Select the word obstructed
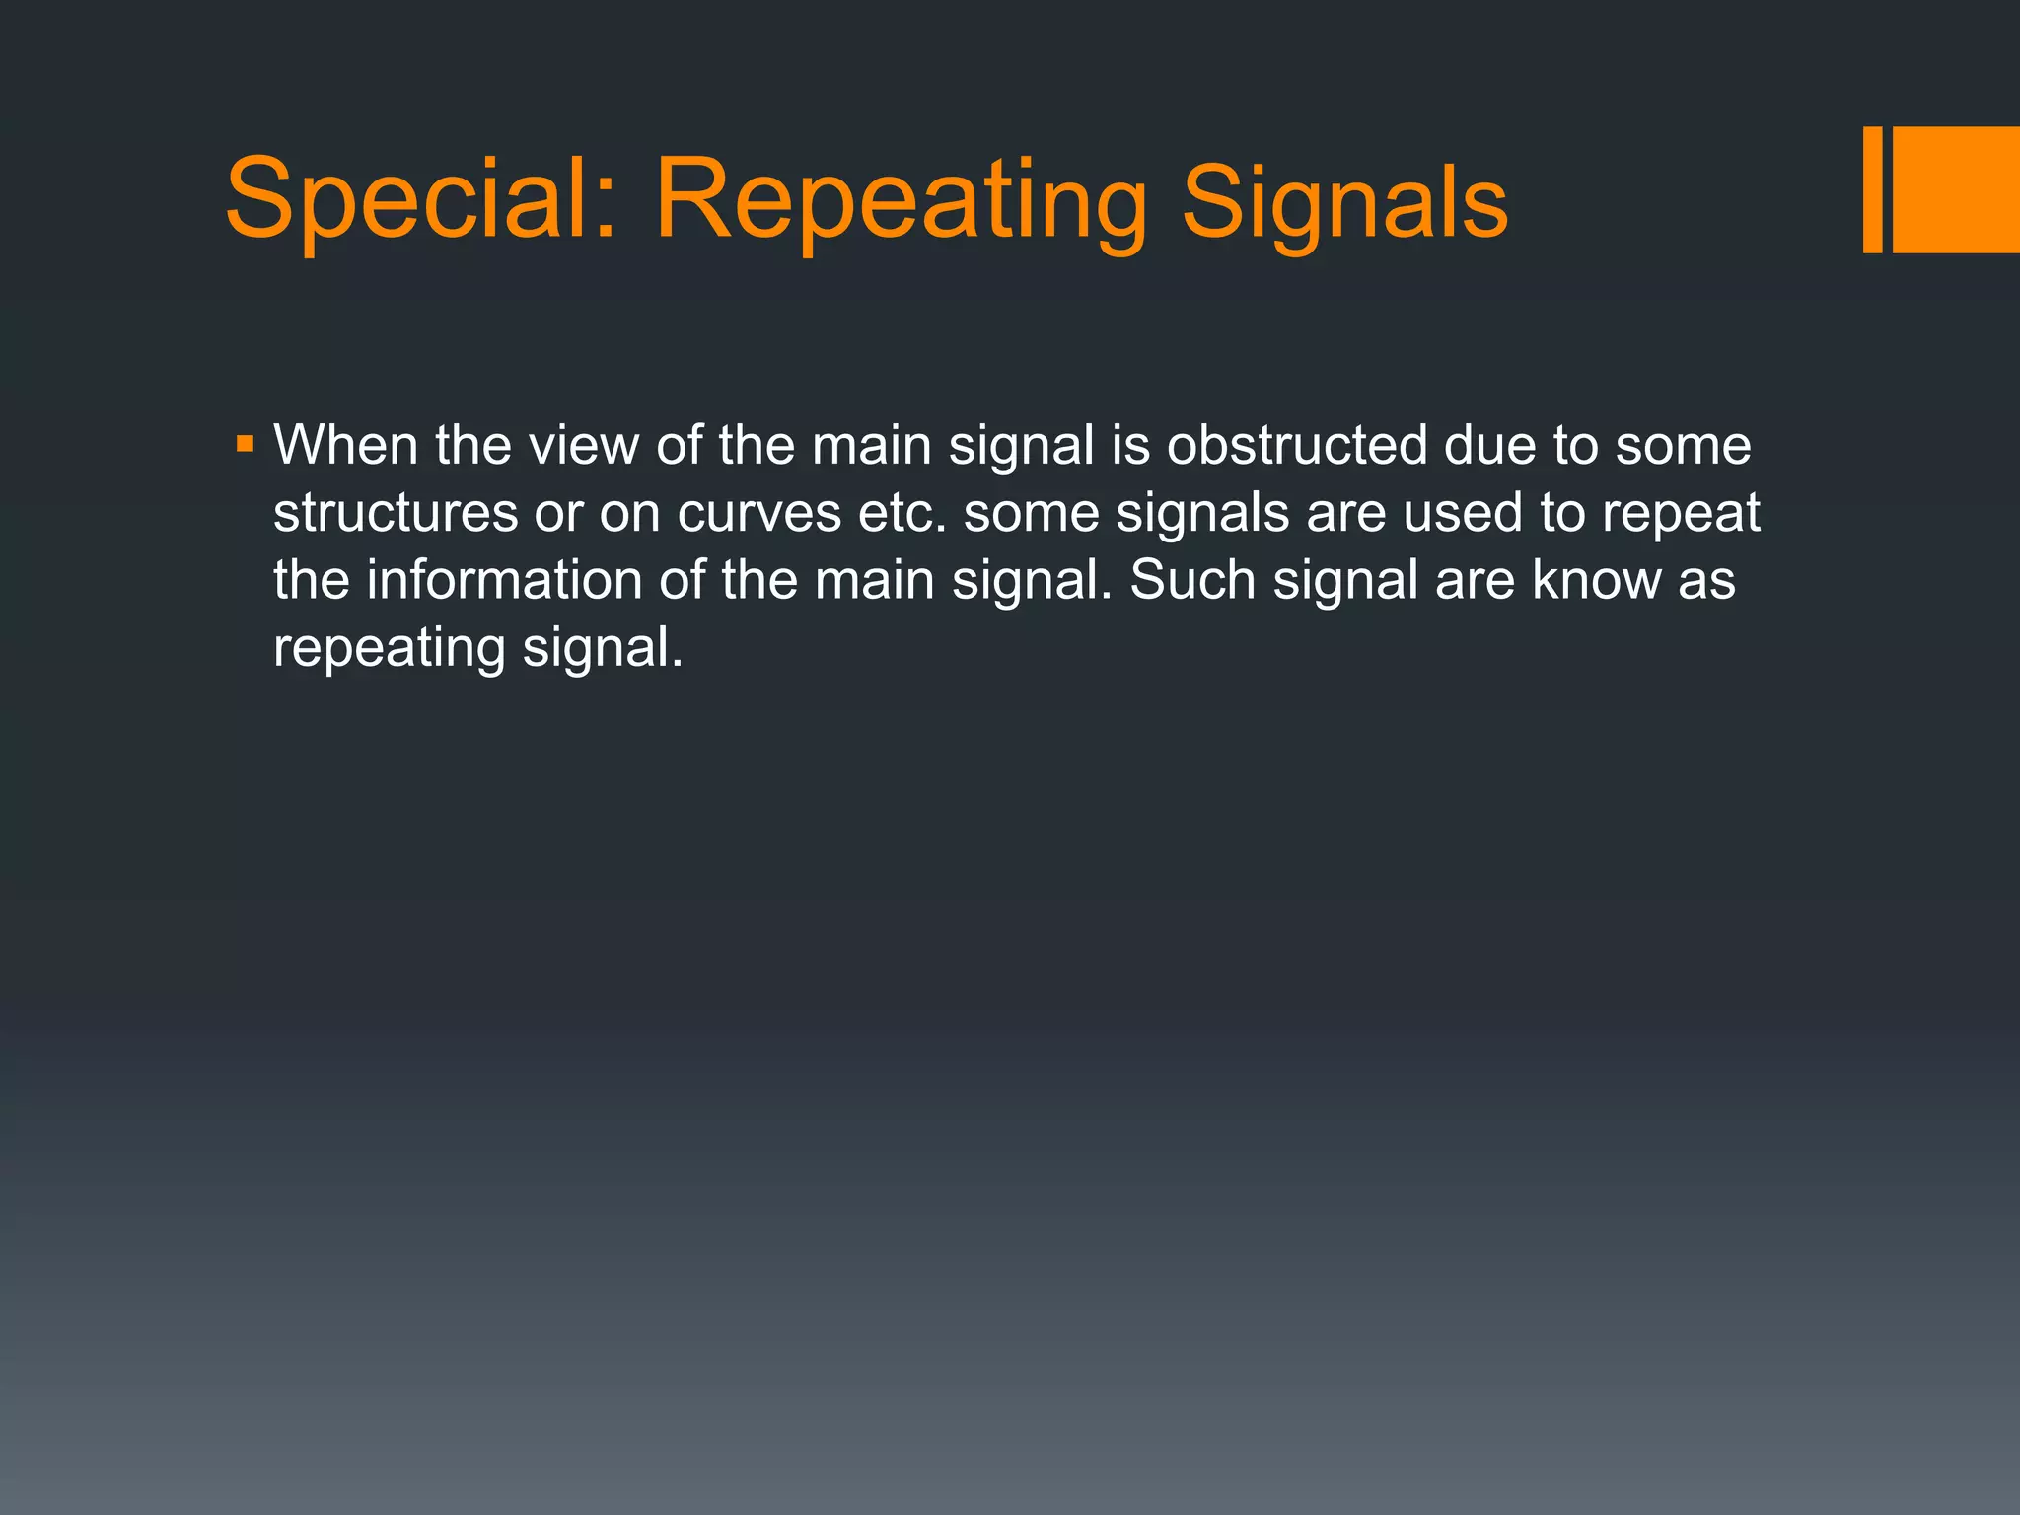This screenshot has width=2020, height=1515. click(x=1297, y=445)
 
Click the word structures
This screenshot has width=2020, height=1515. click(x=396, y=513)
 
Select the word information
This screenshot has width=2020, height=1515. click(x=504, y=580)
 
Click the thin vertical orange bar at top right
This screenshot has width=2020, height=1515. click(x=1872, y=189)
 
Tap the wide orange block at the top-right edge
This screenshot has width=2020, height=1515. click(x=1956, y=189)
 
